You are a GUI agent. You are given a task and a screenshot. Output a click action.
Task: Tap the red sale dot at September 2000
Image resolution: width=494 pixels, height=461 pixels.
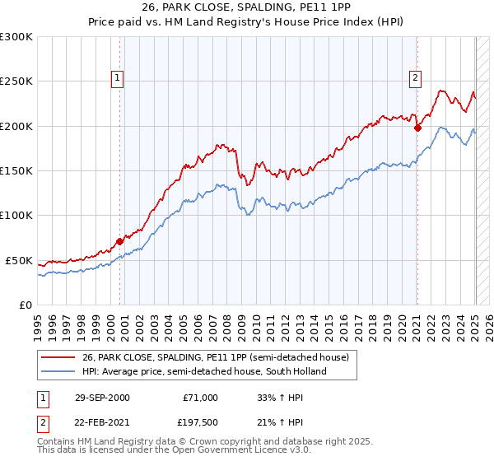coord(120,241)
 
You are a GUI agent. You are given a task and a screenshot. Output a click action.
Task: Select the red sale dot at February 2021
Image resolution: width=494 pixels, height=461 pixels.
coord(417,128)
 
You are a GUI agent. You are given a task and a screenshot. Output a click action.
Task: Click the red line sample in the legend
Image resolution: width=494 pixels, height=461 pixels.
coord(58,358)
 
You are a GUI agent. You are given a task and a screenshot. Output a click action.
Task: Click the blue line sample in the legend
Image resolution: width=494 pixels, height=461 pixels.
coord(58,371)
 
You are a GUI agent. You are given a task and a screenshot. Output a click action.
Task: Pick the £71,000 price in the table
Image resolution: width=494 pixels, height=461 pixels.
coord(199,398)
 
